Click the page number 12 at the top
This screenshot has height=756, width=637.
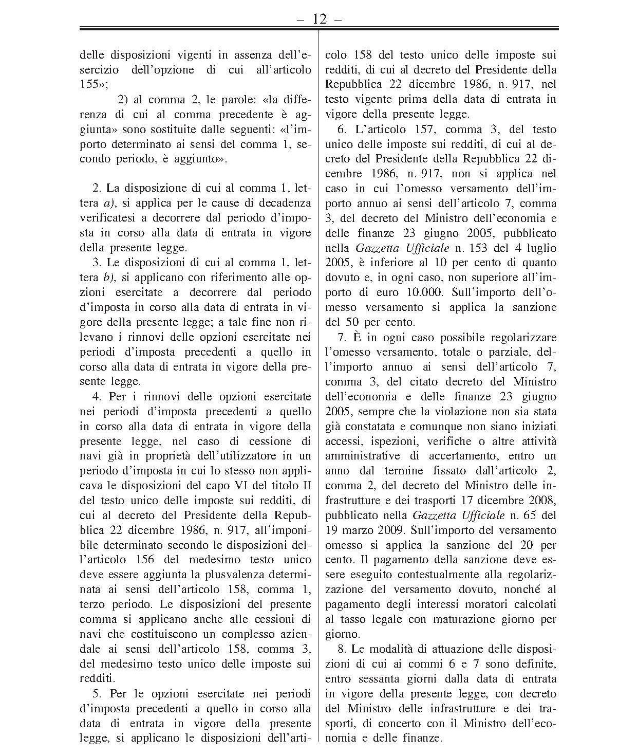point(318,19)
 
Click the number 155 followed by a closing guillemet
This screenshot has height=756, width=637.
point(90,85)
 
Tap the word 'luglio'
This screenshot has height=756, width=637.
point(540,248)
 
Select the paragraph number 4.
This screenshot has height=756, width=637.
point(96,397)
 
